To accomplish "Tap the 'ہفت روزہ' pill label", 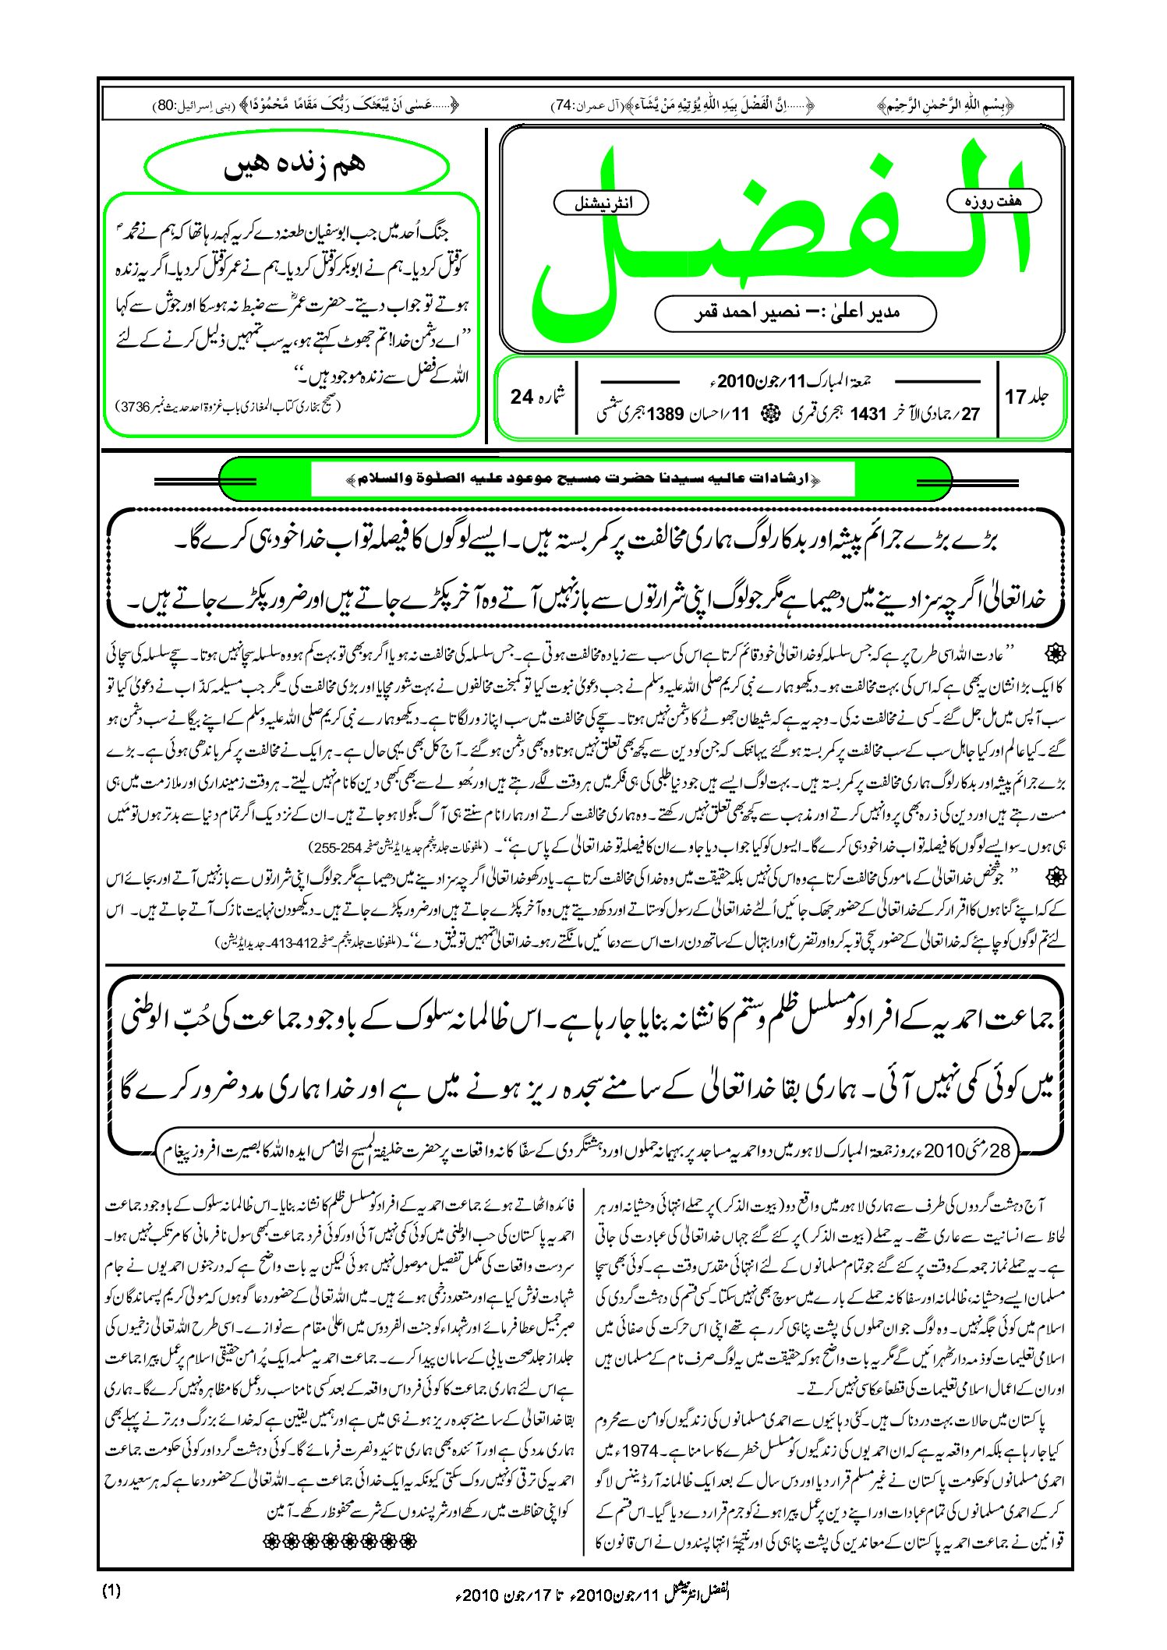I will click(993, 201).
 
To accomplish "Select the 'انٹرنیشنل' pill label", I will click(601, 203).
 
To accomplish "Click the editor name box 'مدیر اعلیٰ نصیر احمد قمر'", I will click(795, 313).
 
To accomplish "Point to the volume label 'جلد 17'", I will click(1027, 397).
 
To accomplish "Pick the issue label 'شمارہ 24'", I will click(539, 397).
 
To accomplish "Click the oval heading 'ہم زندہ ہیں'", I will click(296, 166).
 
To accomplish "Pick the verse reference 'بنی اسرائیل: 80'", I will click(176, 105).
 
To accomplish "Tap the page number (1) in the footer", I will click(111, 1592).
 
